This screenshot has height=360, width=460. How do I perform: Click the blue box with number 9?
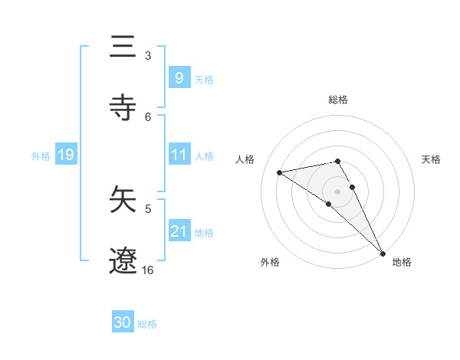click(x=179, y=77)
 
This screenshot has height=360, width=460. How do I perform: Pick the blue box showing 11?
click(x=179, y=155)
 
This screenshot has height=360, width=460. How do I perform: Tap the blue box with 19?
click(x=65, y=155)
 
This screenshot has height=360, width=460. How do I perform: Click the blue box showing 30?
click(x=123, y=322)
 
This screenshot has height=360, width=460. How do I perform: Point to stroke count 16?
click(x=148, y=270)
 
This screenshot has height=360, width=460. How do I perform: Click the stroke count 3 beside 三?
click(x=148, y=55)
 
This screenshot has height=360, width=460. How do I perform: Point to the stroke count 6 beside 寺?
click(x=148, y=116)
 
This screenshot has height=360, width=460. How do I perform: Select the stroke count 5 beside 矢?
click(x=148, y=208)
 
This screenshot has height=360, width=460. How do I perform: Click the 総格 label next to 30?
click(x=147, y=324)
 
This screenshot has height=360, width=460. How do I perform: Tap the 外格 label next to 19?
click(x=41, y=155)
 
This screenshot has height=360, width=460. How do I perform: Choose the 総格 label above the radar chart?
click(x=338, y=100)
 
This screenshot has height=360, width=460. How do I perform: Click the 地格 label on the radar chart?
click(x=402, y=262)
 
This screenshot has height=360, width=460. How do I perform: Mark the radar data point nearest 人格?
click(x=279, y=172)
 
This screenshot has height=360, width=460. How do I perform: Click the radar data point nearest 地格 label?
click(x=383, y=254)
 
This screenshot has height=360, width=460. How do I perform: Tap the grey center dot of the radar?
click(x=338, y=191)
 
